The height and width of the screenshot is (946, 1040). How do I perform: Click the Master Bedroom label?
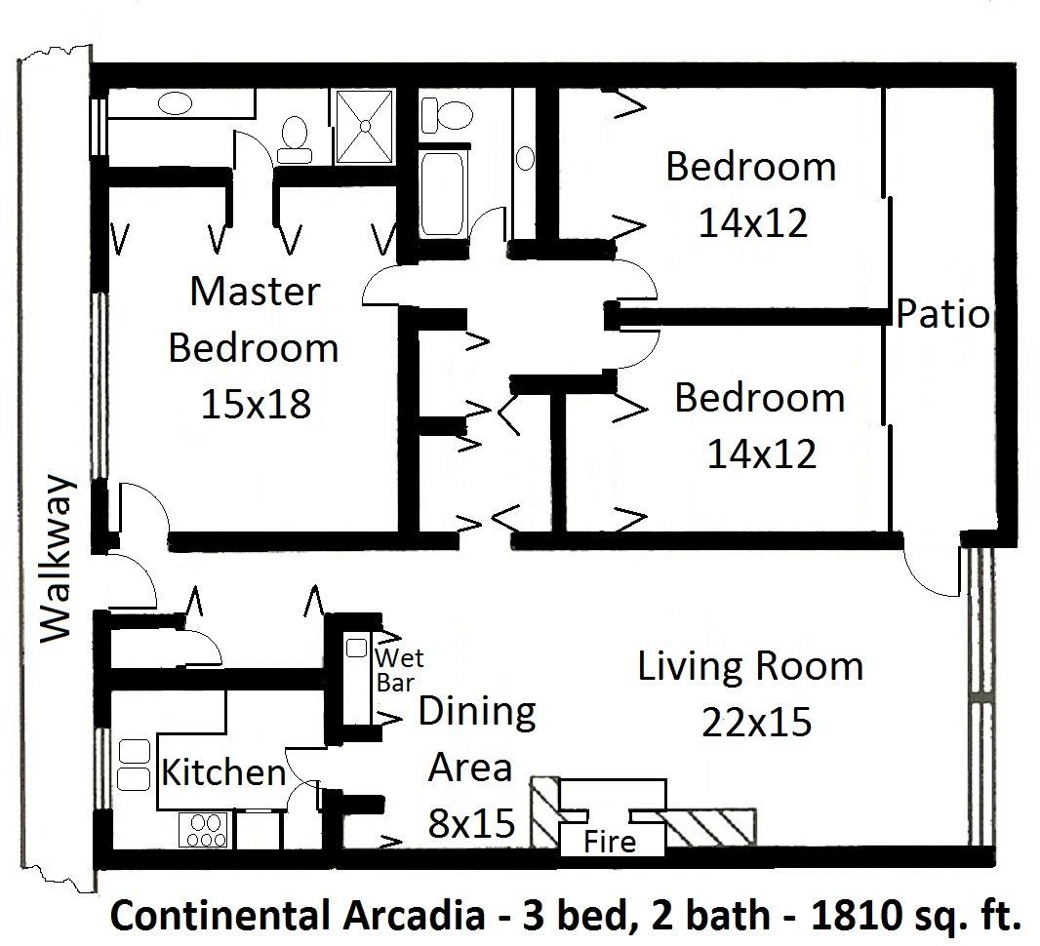[x=254, y=320]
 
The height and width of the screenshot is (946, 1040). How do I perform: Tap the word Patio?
[x=942, y=315]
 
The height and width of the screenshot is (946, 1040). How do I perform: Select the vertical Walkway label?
[x=58, y=559]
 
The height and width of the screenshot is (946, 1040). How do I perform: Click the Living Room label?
[x=750, y=667]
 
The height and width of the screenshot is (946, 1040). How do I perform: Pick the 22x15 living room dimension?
[x=756, y=723]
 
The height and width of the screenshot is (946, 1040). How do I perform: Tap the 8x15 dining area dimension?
[x=472, y=825]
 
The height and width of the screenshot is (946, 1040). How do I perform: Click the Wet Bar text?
[x=398, y=669]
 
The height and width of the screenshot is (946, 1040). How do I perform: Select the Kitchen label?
[x=223, y=773]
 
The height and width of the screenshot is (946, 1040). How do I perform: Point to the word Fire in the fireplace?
[x=610, y=841]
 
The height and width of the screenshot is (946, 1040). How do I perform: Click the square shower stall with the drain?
[x=364, y=127]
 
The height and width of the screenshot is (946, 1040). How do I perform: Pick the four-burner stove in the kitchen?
[x=205, y=830]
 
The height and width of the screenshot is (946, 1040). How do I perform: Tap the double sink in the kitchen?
[x=130, y=764]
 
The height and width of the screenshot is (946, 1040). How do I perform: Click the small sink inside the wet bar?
[x=357, y=647]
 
